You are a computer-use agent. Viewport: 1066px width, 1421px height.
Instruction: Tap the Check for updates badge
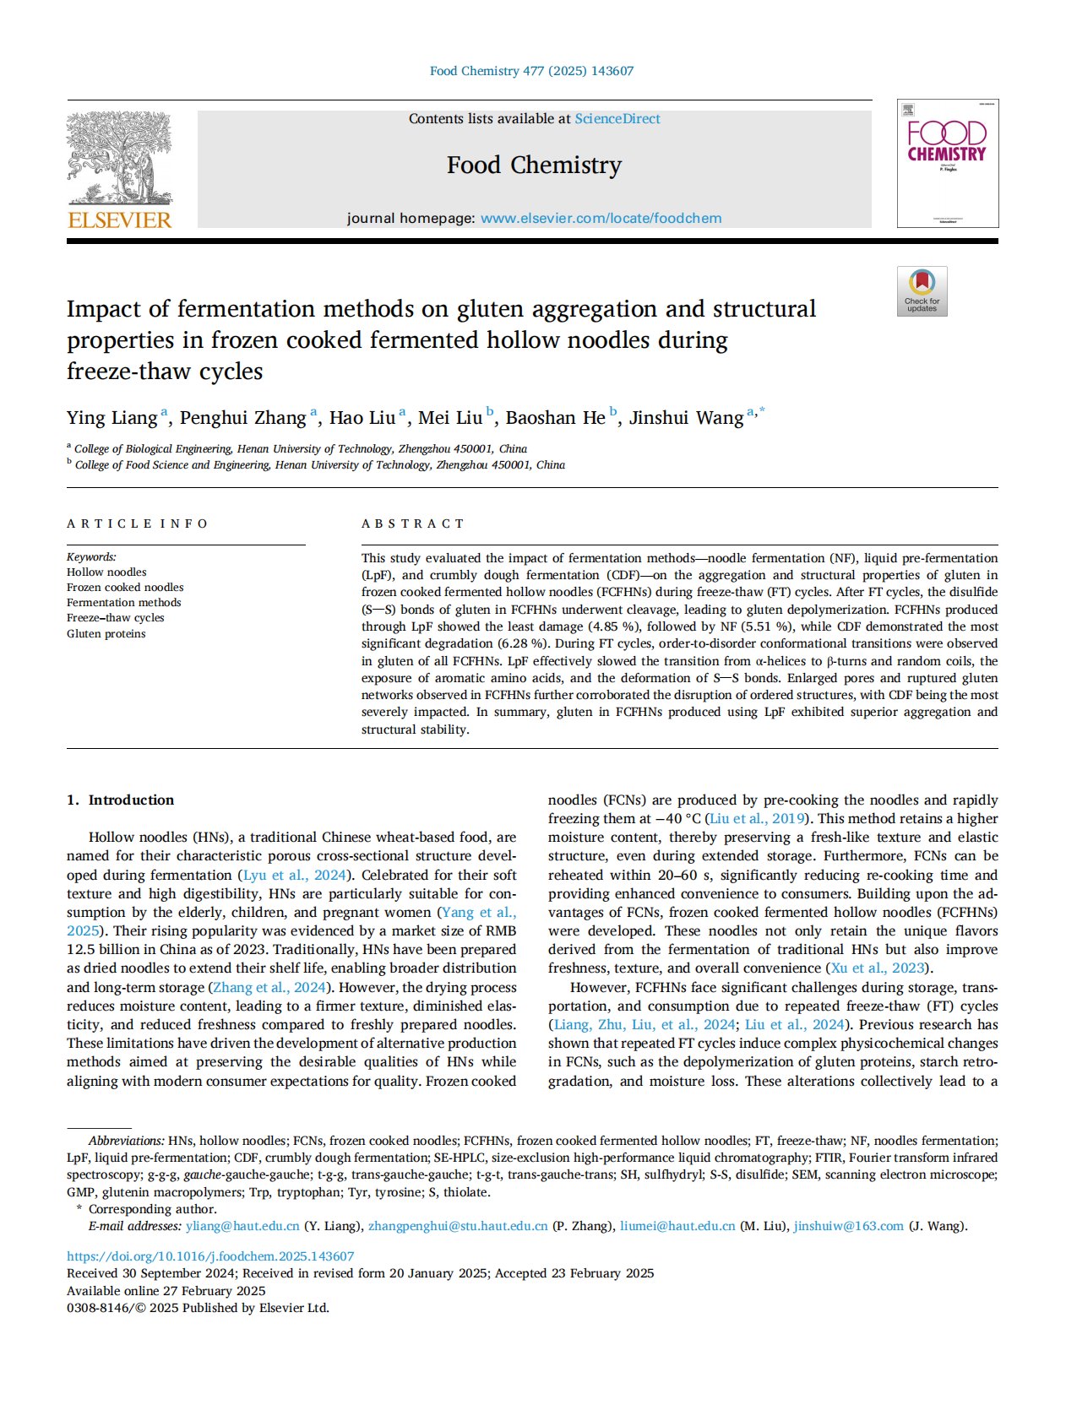pos(922,291)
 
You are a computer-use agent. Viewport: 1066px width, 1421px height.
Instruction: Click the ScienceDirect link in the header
pos(617,119)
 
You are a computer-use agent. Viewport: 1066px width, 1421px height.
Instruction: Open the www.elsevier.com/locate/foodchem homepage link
pos(601,218)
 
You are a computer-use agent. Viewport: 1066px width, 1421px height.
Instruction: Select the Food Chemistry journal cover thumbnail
pos(947,164)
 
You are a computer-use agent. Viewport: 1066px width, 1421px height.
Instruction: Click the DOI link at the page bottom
pos(210,1256)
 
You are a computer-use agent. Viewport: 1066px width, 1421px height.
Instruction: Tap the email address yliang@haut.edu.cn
pos(242,1226)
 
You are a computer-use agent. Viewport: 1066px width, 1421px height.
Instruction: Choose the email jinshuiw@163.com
pos(848,1226)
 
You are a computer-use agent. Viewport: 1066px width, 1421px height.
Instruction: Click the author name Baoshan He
pos(555,418)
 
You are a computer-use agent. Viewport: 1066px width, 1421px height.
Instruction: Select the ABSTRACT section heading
pos(413,524)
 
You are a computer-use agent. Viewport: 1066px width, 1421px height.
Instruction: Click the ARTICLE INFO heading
pos(137,524)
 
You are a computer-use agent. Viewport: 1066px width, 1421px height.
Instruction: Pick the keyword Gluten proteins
pos(106,634)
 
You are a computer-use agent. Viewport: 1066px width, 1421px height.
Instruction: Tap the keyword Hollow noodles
pos(106,572)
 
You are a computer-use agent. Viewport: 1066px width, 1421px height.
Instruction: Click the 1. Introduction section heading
pos(120,800)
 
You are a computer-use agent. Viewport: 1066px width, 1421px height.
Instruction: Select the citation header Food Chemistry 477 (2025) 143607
pos(531,71)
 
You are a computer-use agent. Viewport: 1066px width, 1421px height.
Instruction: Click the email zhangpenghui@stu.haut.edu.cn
pos(458,1226)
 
